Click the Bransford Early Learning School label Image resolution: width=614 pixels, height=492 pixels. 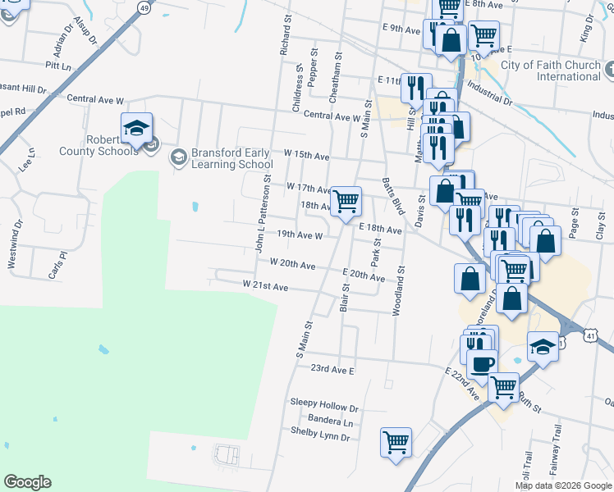point(231,158)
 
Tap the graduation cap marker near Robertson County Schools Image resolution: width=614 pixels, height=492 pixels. point(136,128)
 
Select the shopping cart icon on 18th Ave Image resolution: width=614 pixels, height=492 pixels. point(346,200)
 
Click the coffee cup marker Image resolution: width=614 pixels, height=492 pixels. point(483,362)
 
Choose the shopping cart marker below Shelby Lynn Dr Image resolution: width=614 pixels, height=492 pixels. point(396,442)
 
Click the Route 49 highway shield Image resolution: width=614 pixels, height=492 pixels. point(144,8)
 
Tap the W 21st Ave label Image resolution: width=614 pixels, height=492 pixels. point(265,287)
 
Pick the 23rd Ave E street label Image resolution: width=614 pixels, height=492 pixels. point(332,370)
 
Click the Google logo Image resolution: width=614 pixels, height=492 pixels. point(27,482)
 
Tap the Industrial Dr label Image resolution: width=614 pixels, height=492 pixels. point(489,93)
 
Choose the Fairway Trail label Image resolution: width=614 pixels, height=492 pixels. point(557,450)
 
